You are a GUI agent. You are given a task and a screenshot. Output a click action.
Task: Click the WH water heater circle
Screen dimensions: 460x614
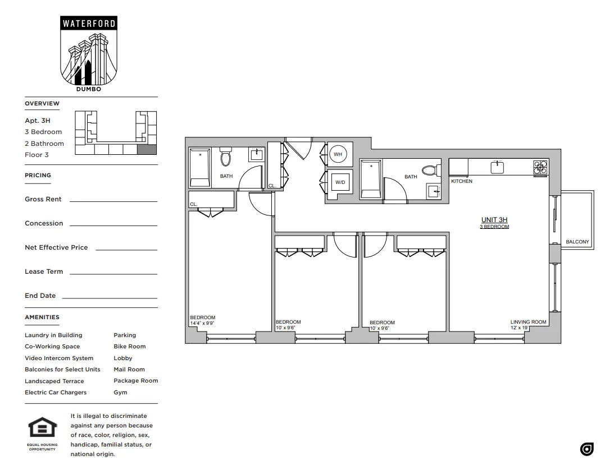338,154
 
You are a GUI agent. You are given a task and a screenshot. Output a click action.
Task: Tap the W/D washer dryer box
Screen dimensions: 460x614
340,182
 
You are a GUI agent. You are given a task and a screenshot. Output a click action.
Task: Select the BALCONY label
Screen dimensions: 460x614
577,242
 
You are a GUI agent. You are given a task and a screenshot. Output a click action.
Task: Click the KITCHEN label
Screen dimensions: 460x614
462,181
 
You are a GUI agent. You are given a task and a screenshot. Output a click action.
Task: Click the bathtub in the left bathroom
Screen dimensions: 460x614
199,167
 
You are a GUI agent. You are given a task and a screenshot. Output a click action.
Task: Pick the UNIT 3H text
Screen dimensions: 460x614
494,220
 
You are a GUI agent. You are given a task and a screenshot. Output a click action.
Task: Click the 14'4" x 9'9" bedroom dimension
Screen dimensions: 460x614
202,323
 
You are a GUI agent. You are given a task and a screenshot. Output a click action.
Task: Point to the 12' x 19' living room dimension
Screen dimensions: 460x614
520,328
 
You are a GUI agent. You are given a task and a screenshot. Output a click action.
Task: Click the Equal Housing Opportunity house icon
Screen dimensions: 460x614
42,429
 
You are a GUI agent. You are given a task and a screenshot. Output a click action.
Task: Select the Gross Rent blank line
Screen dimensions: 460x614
113,201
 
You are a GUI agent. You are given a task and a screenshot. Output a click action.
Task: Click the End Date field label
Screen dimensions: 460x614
40,296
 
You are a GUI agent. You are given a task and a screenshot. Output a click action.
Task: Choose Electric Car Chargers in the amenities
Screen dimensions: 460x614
56,393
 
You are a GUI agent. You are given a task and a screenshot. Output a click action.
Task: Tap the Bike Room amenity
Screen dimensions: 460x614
129,347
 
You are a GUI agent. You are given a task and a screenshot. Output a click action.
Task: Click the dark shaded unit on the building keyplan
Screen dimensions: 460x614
147,149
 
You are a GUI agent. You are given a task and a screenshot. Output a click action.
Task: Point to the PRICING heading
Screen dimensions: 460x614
38,175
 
